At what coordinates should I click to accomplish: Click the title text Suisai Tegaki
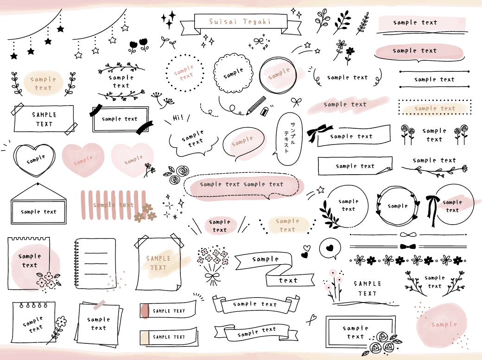[x=240, y=22]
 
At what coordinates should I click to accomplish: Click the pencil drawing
[x=256, y=105]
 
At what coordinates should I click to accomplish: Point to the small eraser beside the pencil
[x=265, y=112]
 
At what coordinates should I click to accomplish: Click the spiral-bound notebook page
[x=95, y=263]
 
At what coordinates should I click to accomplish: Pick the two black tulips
[x=139, y=45]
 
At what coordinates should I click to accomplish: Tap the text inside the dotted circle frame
[x=184, y=73]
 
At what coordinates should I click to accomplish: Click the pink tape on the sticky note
[x=99, y=304]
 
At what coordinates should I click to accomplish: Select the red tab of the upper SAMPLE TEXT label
[x=145, y=310]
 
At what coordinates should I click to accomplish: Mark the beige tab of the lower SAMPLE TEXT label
[x=145, y=337]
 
